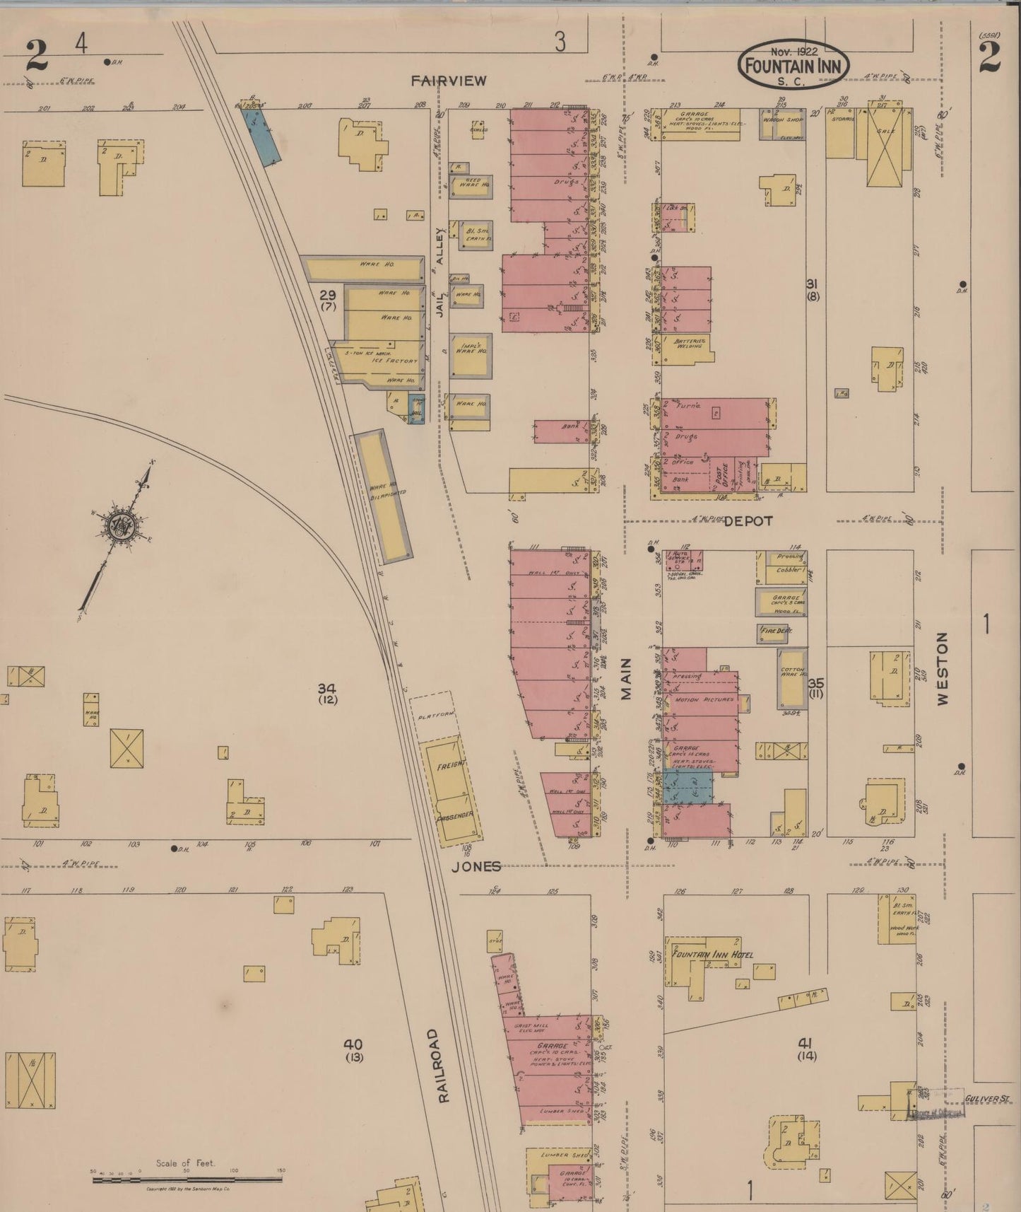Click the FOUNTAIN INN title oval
[x=793, y=64]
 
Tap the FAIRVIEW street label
[x=449, y=81]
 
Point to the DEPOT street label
[x=748, y=520]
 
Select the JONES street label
[x=476, y=866]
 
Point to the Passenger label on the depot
[x=456, y=815]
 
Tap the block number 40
[x=353, y=1044]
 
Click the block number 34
[x=326, y=688]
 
